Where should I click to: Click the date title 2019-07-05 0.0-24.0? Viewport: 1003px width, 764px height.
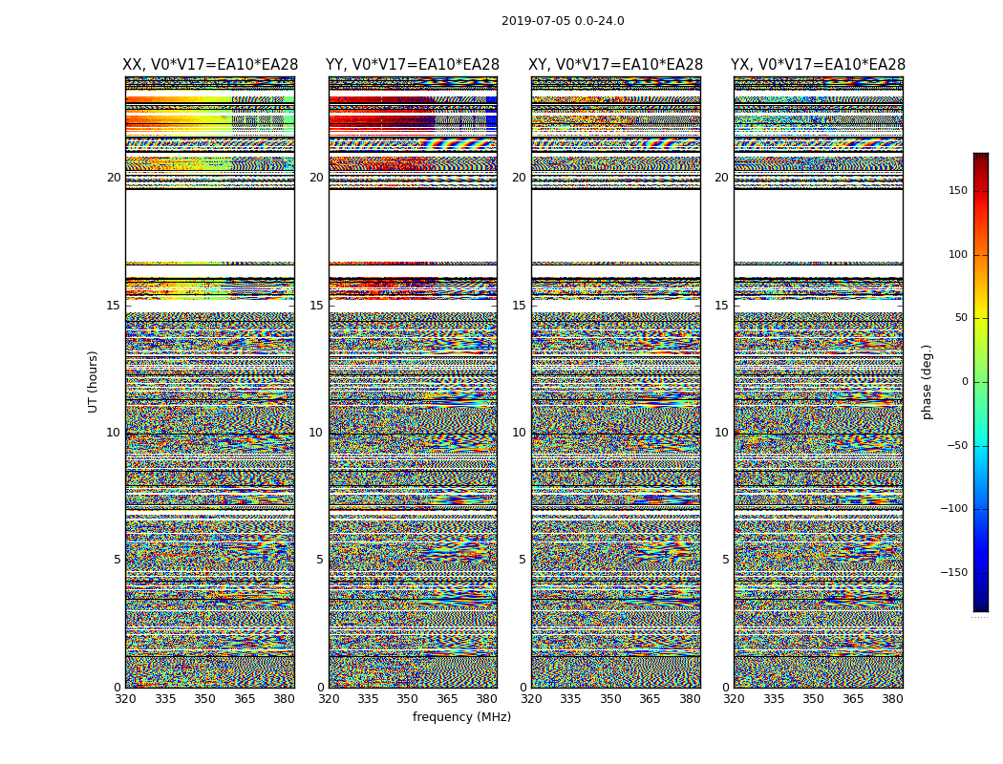[563, 21]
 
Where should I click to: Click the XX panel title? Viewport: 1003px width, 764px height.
[210, 65]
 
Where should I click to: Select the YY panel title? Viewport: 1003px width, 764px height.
[413, 65]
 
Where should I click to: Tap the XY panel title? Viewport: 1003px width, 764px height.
[616, 65]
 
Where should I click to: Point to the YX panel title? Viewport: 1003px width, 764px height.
[818, 65]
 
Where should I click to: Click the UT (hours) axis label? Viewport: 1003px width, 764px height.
[94, 381]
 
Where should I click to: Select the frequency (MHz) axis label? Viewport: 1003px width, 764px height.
[461, 717]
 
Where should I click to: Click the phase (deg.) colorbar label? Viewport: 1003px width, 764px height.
[927, 382]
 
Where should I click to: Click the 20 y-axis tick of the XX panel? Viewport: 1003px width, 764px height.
[114, 178]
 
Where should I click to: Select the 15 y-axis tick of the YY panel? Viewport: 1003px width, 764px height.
[316, 306]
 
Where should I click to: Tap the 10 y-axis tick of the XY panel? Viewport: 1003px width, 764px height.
[519, 433]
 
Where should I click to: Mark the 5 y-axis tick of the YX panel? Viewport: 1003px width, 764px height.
[725, 560]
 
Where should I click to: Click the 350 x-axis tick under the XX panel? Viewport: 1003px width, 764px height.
[204, 699]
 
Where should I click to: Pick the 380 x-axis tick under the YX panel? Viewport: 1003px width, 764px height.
[892, 699]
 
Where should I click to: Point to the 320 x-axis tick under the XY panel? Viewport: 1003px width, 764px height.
[531, 699]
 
